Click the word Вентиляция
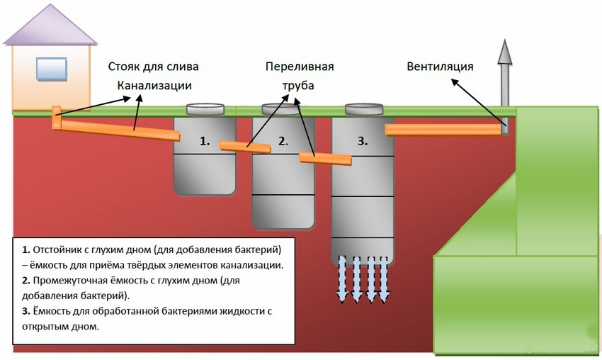point(440,67)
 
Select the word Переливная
point(300,67)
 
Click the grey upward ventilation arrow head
point(504,52)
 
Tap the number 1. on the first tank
point(205,141)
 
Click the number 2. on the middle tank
point(283,141)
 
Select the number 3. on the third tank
point(363,141)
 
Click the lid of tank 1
point(205,110)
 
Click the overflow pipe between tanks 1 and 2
point(245,147)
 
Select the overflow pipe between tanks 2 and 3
point(325,159)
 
